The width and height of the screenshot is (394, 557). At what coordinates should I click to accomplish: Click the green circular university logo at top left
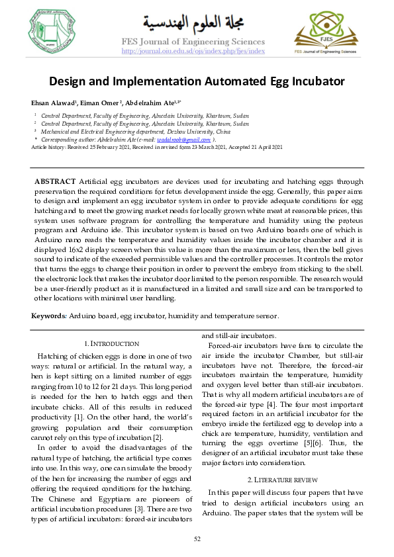coord(52,31)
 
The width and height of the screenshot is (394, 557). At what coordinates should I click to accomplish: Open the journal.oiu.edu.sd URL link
coord(193,51)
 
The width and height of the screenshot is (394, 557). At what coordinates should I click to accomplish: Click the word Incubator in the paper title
coord(312,82)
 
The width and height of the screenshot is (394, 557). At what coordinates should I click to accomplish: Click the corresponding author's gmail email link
coord(193,140)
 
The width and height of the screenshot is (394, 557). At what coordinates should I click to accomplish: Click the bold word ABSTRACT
coord(55,181)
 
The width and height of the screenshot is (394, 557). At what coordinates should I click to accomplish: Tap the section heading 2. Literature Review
coord(282,479)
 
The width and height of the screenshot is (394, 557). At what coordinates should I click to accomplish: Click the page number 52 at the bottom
coord(197,539)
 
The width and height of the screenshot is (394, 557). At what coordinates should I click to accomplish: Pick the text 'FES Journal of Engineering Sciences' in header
coord(193,42)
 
